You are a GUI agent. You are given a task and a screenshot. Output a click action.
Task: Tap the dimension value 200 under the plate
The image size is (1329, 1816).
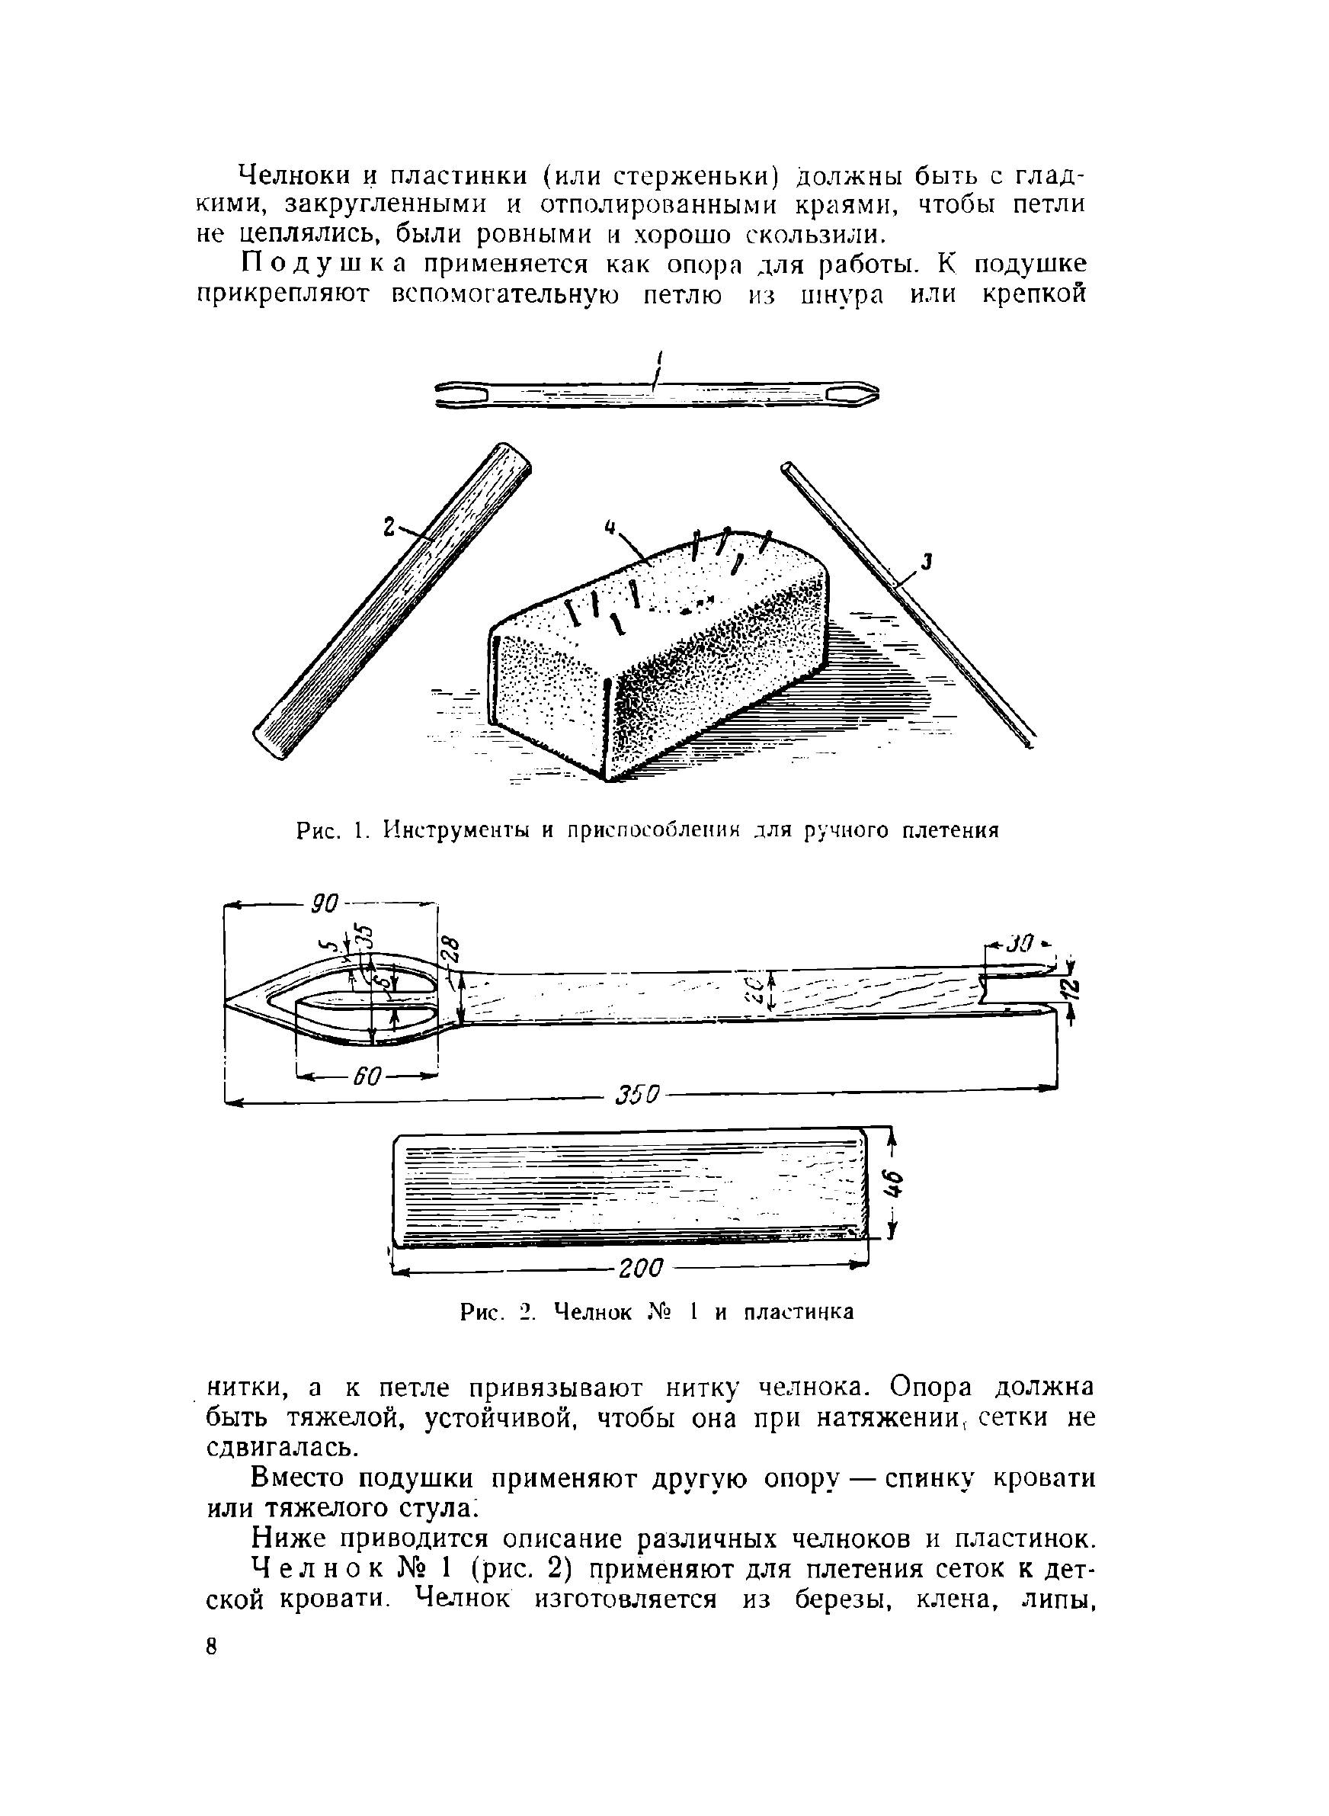640,1268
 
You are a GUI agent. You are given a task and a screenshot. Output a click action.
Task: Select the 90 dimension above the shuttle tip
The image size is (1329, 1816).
325,903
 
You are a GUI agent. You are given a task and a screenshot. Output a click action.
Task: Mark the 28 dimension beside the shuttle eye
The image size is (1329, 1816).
450,952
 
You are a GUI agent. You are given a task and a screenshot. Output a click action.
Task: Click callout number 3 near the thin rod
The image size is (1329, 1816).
927,563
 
